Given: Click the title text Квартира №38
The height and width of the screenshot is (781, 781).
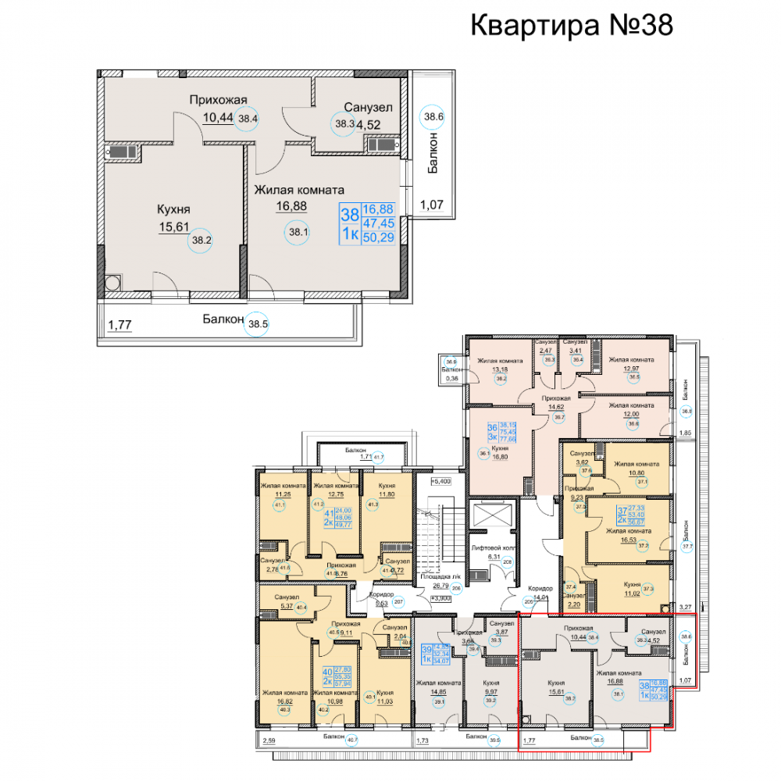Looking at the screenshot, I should tap(571, 25).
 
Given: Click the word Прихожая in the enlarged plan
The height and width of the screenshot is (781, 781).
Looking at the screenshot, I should tap(218, 99).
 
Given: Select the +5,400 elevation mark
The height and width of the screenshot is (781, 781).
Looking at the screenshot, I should tap(443, 482).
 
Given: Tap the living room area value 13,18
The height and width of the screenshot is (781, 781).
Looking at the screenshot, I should tap(501, 370).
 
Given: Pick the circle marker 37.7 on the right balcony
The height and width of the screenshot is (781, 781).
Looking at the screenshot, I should tap(687, 547).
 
